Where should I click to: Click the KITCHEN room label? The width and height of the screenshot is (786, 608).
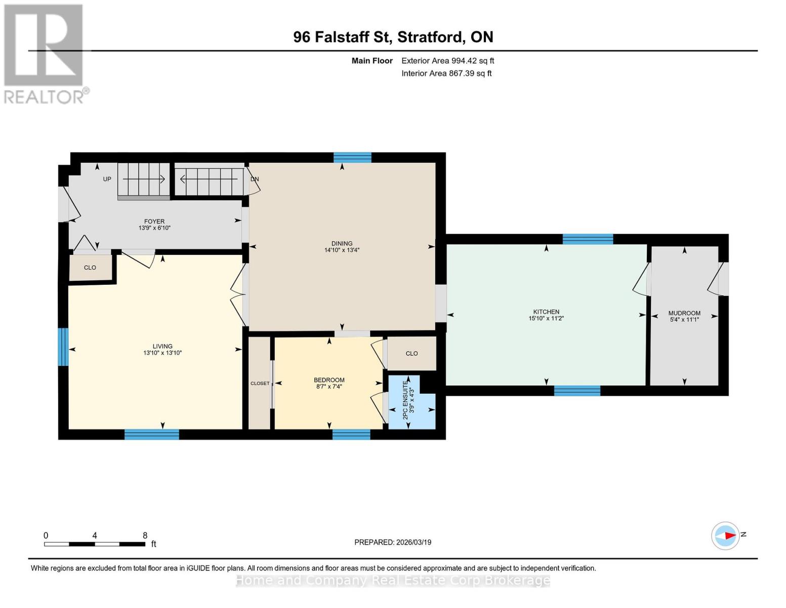(x=546, y=312)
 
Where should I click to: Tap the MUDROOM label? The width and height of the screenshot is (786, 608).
(x=684, y=313)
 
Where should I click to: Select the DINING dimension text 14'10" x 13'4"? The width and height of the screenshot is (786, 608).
(x=342, y=250)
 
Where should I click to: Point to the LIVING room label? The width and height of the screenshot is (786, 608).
(x=162, y=346)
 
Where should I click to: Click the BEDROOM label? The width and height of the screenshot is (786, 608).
(x=329, y=380)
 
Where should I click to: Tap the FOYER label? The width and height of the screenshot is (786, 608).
(x=154, y=221)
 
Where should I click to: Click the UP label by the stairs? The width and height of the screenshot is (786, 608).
(x=107, y=179)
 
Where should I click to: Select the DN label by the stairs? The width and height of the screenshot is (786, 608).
(x=255, y=179)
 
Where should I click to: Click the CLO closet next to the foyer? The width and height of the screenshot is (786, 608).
(x=90, y=268)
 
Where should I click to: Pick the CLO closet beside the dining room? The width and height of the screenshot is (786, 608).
(x=411, y=353)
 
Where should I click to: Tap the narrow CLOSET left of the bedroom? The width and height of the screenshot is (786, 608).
(x=260, y=383)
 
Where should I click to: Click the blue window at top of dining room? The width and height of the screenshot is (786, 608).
(x=352, y=157)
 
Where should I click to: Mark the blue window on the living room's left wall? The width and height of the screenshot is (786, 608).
(x=63, y=347)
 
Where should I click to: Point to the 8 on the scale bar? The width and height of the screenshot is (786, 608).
(x=145, y=536)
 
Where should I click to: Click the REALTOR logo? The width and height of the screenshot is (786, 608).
(x=45, y=53)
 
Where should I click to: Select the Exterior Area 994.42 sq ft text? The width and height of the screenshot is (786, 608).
(x=447, y=61)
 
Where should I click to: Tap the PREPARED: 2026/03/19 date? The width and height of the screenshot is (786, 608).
(x=393, y=542)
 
